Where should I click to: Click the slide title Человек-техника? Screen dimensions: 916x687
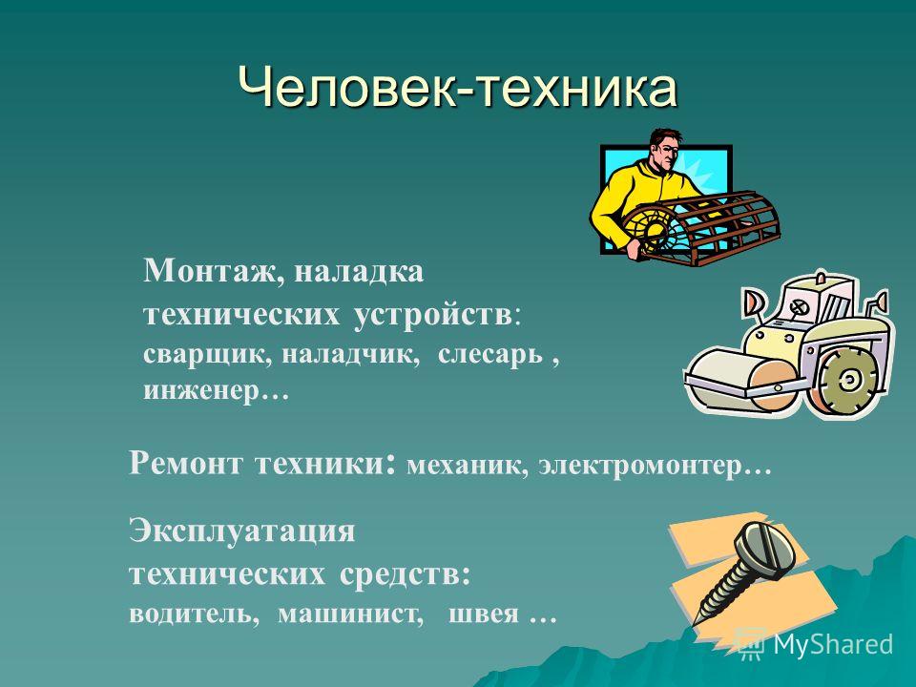[457, 88]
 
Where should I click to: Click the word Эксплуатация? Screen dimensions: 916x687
[241, 532]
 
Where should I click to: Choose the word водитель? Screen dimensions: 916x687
[194, 614]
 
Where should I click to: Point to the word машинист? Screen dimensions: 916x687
[350, 614]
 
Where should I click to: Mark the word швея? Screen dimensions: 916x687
[484, 614]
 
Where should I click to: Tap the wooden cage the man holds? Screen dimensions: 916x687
[701, 228]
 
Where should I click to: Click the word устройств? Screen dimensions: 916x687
[432, 316]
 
